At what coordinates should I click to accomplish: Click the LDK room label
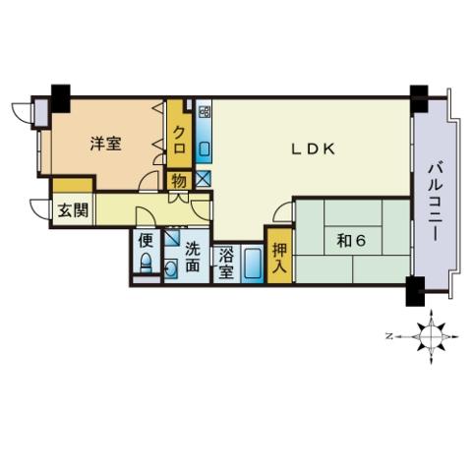(x=314, y=149)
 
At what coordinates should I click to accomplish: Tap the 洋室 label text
(x=106, y=144)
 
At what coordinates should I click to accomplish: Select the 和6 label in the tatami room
(x=351, y=241)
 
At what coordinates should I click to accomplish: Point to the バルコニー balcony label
(x=437, y=202)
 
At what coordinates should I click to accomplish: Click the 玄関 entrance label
(x=73, y=210)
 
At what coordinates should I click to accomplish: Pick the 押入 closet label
(x=279, y=259)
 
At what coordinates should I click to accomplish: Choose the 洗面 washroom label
(x=193, y=257)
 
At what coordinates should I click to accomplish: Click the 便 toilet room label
(x=146, y=241)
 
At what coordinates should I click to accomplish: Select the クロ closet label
(x=179, y=141)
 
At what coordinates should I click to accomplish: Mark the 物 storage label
(x=179, y=181)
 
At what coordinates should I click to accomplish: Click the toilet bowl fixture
(x=146, y=264)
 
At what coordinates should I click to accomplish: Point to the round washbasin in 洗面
(x=170, y=268)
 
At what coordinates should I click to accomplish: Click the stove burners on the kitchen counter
(x=204, y=112)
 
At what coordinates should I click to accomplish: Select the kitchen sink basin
(x=204, y=149)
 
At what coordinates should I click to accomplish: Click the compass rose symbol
(x=431, y=336)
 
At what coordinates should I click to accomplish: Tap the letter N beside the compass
(x=389, y=336)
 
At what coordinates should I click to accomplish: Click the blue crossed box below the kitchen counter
(x=204, y=179)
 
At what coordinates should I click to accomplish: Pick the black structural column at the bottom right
(x=415, y=291)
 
